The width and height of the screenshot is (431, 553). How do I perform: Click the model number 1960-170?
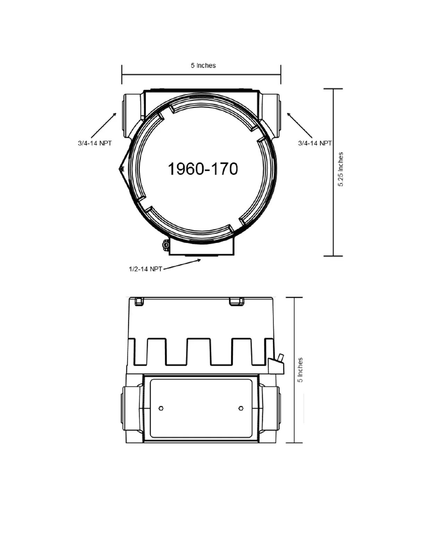point(203,169)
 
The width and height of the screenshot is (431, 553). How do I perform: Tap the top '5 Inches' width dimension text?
point(203,65)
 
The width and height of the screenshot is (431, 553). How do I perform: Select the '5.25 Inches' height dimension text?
point(340,169)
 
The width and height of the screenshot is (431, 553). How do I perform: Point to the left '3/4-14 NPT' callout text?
point(95,143)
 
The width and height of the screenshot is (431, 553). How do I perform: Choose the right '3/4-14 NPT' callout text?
point(315,143)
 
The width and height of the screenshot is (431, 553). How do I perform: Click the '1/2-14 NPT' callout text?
point(145,269)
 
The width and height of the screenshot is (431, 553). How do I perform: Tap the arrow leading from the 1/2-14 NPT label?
point(182,264)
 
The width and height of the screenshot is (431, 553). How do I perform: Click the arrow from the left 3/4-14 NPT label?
point(104,125)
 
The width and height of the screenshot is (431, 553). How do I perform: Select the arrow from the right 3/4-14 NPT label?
point(299,125)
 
